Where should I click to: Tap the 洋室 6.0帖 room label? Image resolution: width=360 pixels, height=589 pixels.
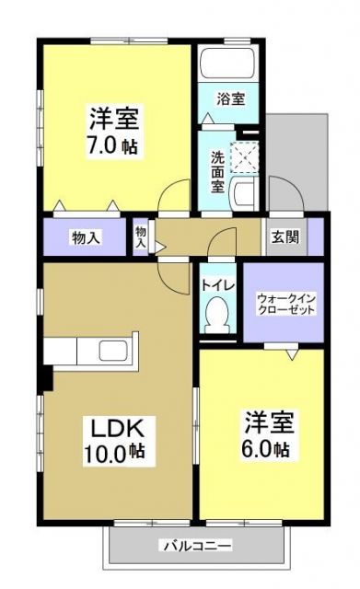(267, 434)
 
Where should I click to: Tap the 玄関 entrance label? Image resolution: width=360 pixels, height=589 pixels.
(285, 237)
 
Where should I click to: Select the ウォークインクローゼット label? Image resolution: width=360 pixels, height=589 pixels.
(285, 303)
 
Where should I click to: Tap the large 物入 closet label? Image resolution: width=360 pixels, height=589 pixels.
(86, 237)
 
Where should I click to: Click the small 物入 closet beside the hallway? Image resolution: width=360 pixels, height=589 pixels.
(141, 237)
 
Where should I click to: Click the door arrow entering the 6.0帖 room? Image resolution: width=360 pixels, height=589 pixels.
(292, 353)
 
